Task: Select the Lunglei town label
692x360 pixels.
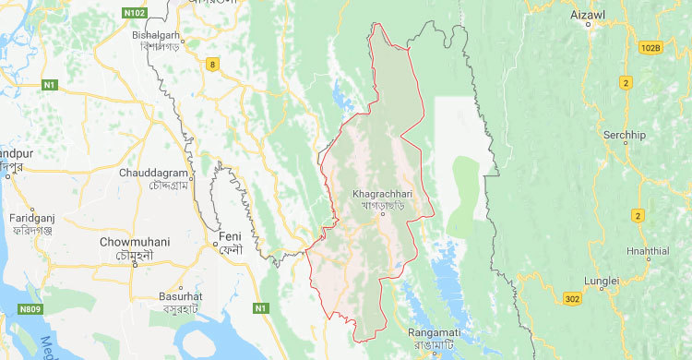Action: click(x=601, y=279)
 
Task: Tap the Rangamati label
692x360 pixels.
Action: click(x=435, y=334)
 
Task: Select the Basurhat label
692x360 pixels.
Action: click(x=180, y=297)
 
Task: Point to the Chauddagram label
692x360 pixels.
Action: click(x=159, y=172)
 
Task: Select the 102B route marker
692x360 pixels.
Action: click(x=650, y=46)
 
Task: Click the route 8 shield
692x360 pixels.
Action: click(x=214, y=64)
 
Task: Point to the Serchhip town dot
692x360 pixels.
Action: click(x=626, y=145)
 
